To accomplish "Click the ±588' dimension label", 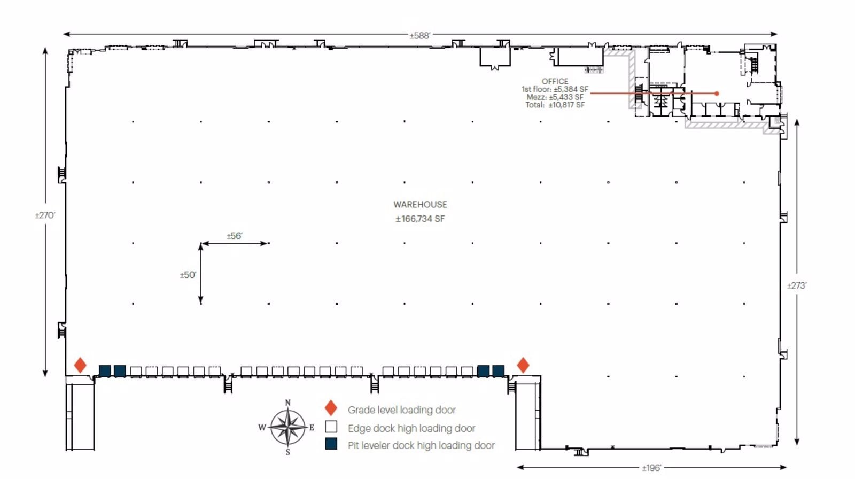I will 420,36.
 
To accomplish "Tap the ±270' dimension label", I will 45,215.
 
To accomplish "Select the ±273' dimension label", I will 796,285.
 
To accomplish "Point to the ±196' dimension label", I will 651,468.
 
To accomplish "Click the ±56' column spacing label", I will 234,236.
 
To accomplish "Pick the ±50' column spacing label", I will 188,275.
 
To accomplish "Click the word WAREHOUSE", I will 420,204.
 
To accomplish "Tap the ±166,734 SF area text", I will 420,219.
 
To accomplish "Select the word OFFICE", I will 555,81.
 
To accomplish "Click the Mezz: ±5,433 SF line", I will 555,97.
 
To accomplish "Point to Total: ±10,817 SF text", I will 555,105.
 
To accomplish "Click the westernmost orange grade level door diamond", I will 80,365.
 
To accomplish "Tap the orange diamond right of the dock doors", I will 523,365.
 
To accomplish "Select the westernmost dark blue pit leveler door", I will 105,370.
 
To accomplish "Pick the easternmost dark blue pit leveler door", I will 498,370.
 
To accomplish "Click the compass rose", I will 288,427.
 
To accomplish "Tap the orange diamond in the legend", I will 331,408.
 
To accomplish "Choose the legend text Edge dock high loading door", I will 411,428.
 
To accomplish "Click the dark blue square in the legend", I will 331,444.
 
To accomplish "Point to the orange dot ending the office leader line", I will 717,94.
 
